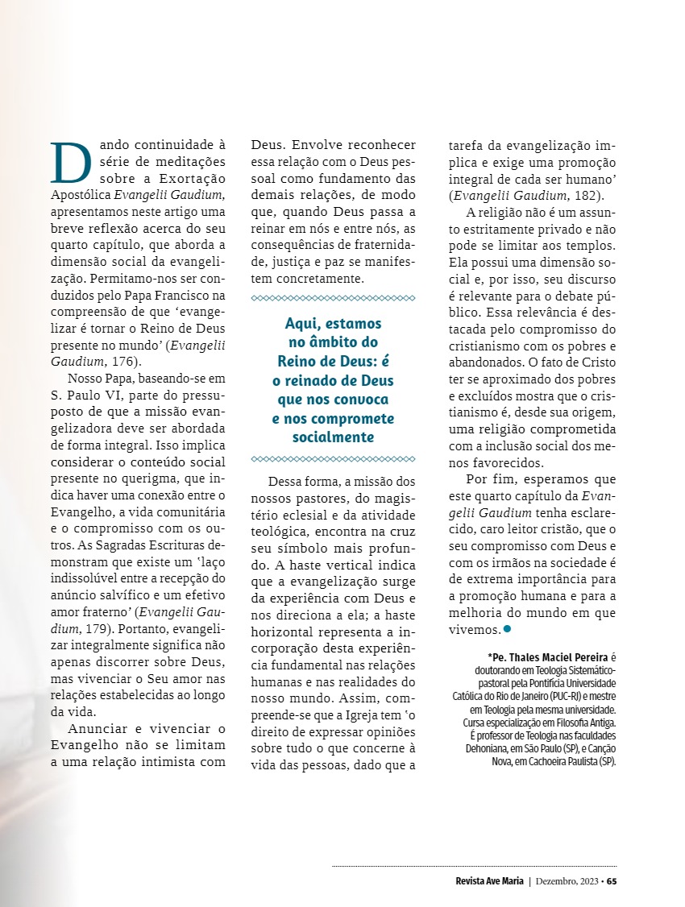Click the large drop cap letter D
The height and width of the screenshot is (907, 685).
pos(68,164)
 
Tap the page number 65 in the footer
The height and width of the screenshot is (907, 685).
pos(612,880)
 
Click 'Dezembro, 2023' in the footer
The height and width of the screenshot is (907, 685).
pos(567,880)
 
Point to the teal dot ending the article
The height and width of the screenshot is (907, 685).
pos(507,628)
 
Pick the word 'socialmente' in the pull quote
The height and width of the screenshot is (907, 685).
pos(334,437)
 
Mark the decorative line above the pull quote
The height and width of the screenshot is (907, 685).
pos(334,298)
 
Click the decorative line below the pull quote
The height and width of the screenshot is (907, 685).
pos(334,459)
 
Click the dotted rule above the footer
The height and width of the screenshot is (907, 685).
pos(474,866)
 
